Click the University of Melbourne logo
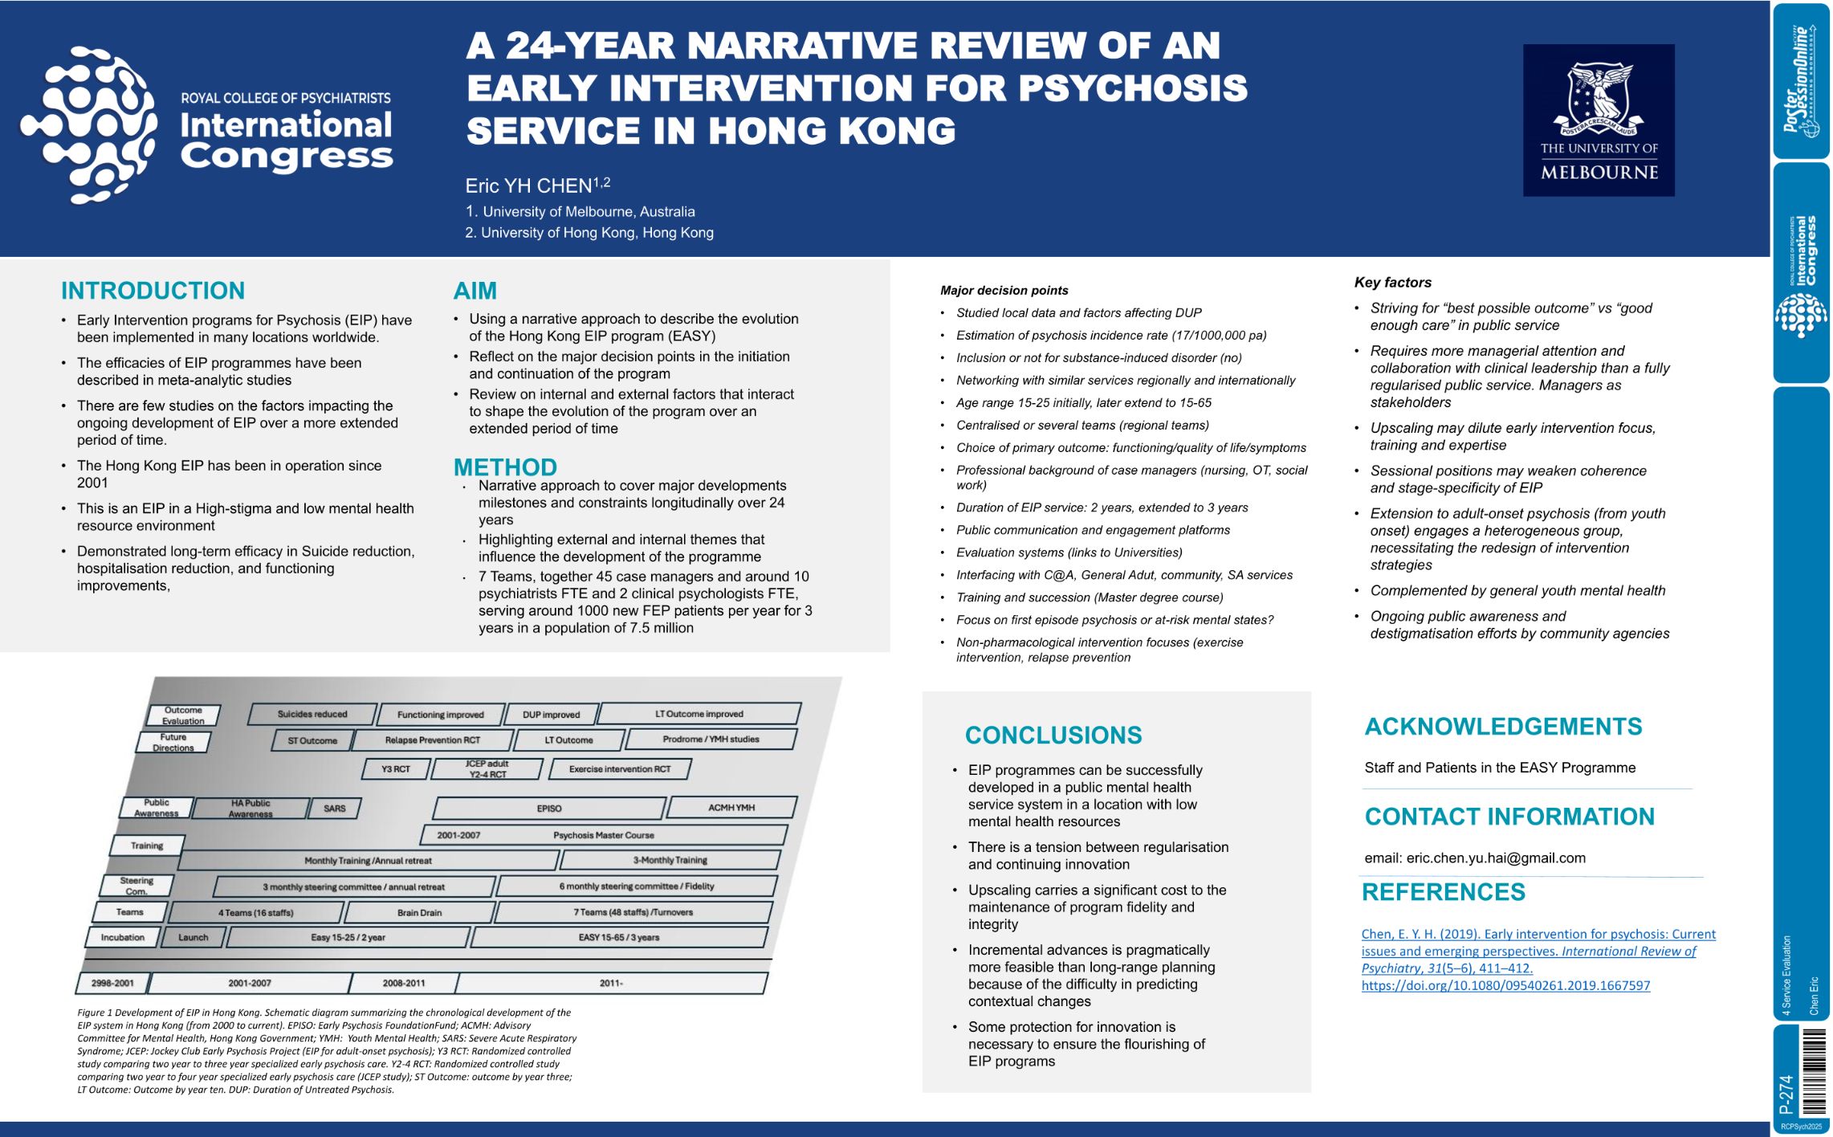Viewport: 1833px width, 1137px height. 1598,120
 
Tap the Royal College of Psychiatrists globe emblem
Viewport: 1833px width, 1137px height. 89,124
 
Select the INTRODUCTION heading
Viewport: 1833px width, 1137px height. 153,291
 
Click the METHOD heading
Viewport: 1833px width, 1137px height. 505,467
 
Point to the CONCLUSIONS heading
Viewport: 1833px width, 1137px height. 1053,735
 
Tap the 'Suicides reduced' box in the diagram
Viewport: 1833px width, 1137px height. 312,714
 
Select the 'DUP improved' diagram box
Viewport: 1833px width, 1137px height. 551,715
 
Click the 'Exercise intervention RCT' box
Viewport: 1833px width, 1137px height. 619,769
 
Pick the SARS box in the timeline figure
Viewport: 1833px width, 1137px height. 335,809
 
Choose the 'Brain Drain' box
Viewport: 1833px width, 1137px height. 419,913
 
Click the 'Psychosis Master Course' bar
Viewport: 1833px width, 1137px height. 603,835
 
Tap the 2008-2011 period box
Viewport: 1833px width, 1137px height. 404,983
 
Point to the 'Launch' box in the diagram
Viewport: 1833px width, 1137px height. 193,937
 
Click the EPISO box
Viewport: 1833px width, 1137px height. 549,809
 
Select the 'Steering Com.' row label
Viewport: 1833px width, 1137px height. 136,886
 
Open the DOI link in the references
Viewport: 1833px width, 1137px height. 1505,985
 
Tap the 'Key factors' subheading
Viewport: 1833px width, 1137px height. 1392,282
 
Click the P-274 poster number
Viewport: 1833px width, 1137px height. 1786,1094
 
